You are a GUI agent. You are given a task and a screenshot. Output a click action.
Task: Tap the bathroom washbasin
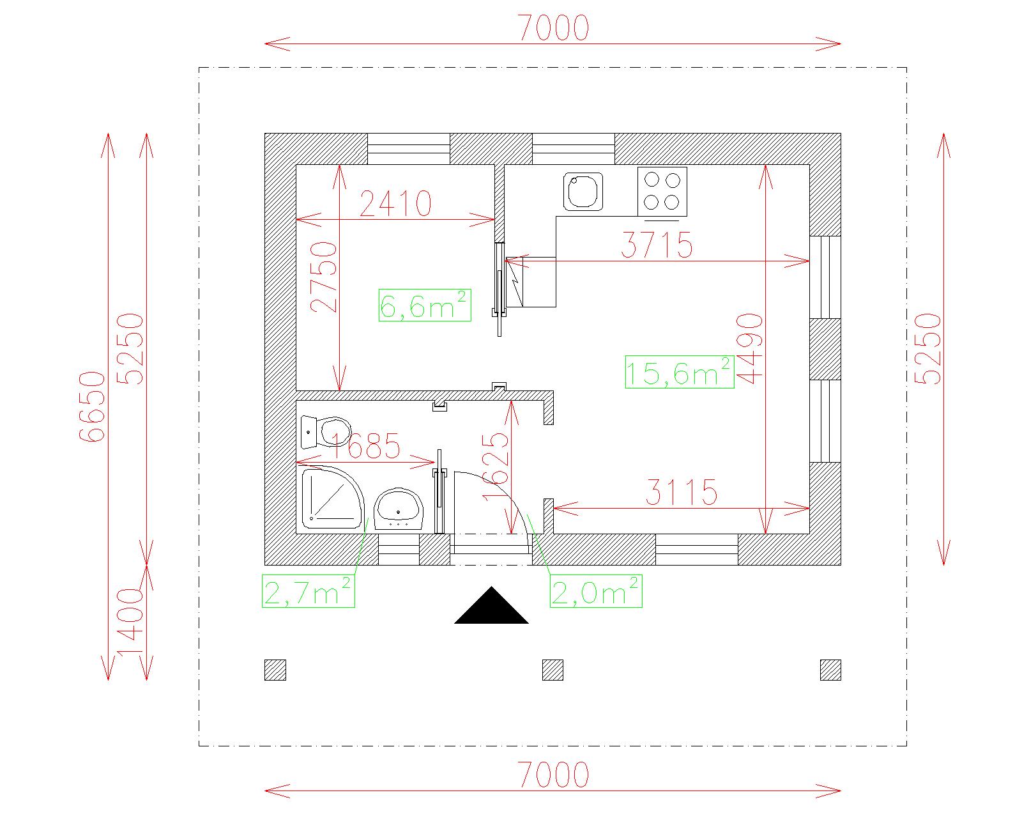(399, 508)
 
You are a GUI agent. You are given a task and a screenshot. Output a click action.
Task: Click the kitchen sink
(583, 192)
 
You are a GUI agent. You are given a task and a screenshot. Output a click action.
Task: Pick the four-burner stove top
(662, 192)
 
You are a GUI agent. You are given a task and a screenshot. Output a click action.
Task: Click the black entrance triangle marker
(492, 605)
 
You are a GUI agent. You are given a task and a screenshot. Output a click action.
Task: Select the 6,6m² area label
(425, 305)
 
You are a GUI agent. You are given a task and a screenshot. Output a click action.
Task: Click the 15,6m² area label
(680, 372)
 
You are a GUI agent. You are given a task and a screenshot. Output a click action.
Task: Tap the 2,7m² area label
(309, 591)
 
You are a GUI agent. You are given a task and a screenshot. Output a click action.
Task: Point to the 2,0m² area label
(596, 590)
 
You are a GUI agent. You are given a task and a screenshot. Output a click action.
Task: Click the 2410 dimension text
(395, 204)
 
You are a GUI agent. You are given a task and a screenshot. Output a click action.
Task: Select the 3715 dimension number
(657, 245)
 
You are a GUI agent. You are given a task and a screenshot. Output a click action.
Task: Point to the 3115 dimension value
(682, 492)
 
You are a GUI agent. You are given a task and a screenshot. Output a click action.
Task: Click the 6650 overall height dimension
(91, 407)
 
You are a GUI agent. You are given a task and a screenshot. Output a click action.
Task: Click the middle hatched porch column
(553, 670)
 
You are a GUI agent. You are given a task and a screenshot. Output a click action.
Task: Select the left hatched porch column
(275, 670)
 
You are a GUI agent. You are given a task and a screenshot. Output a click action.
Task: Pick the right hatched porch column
(830, 670)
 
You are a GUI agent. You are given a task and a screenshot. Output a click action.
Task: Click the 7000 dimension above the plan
(553, 28)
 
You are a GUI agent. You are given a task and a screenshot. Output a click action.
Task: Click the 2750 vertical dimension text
(323, 277)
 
